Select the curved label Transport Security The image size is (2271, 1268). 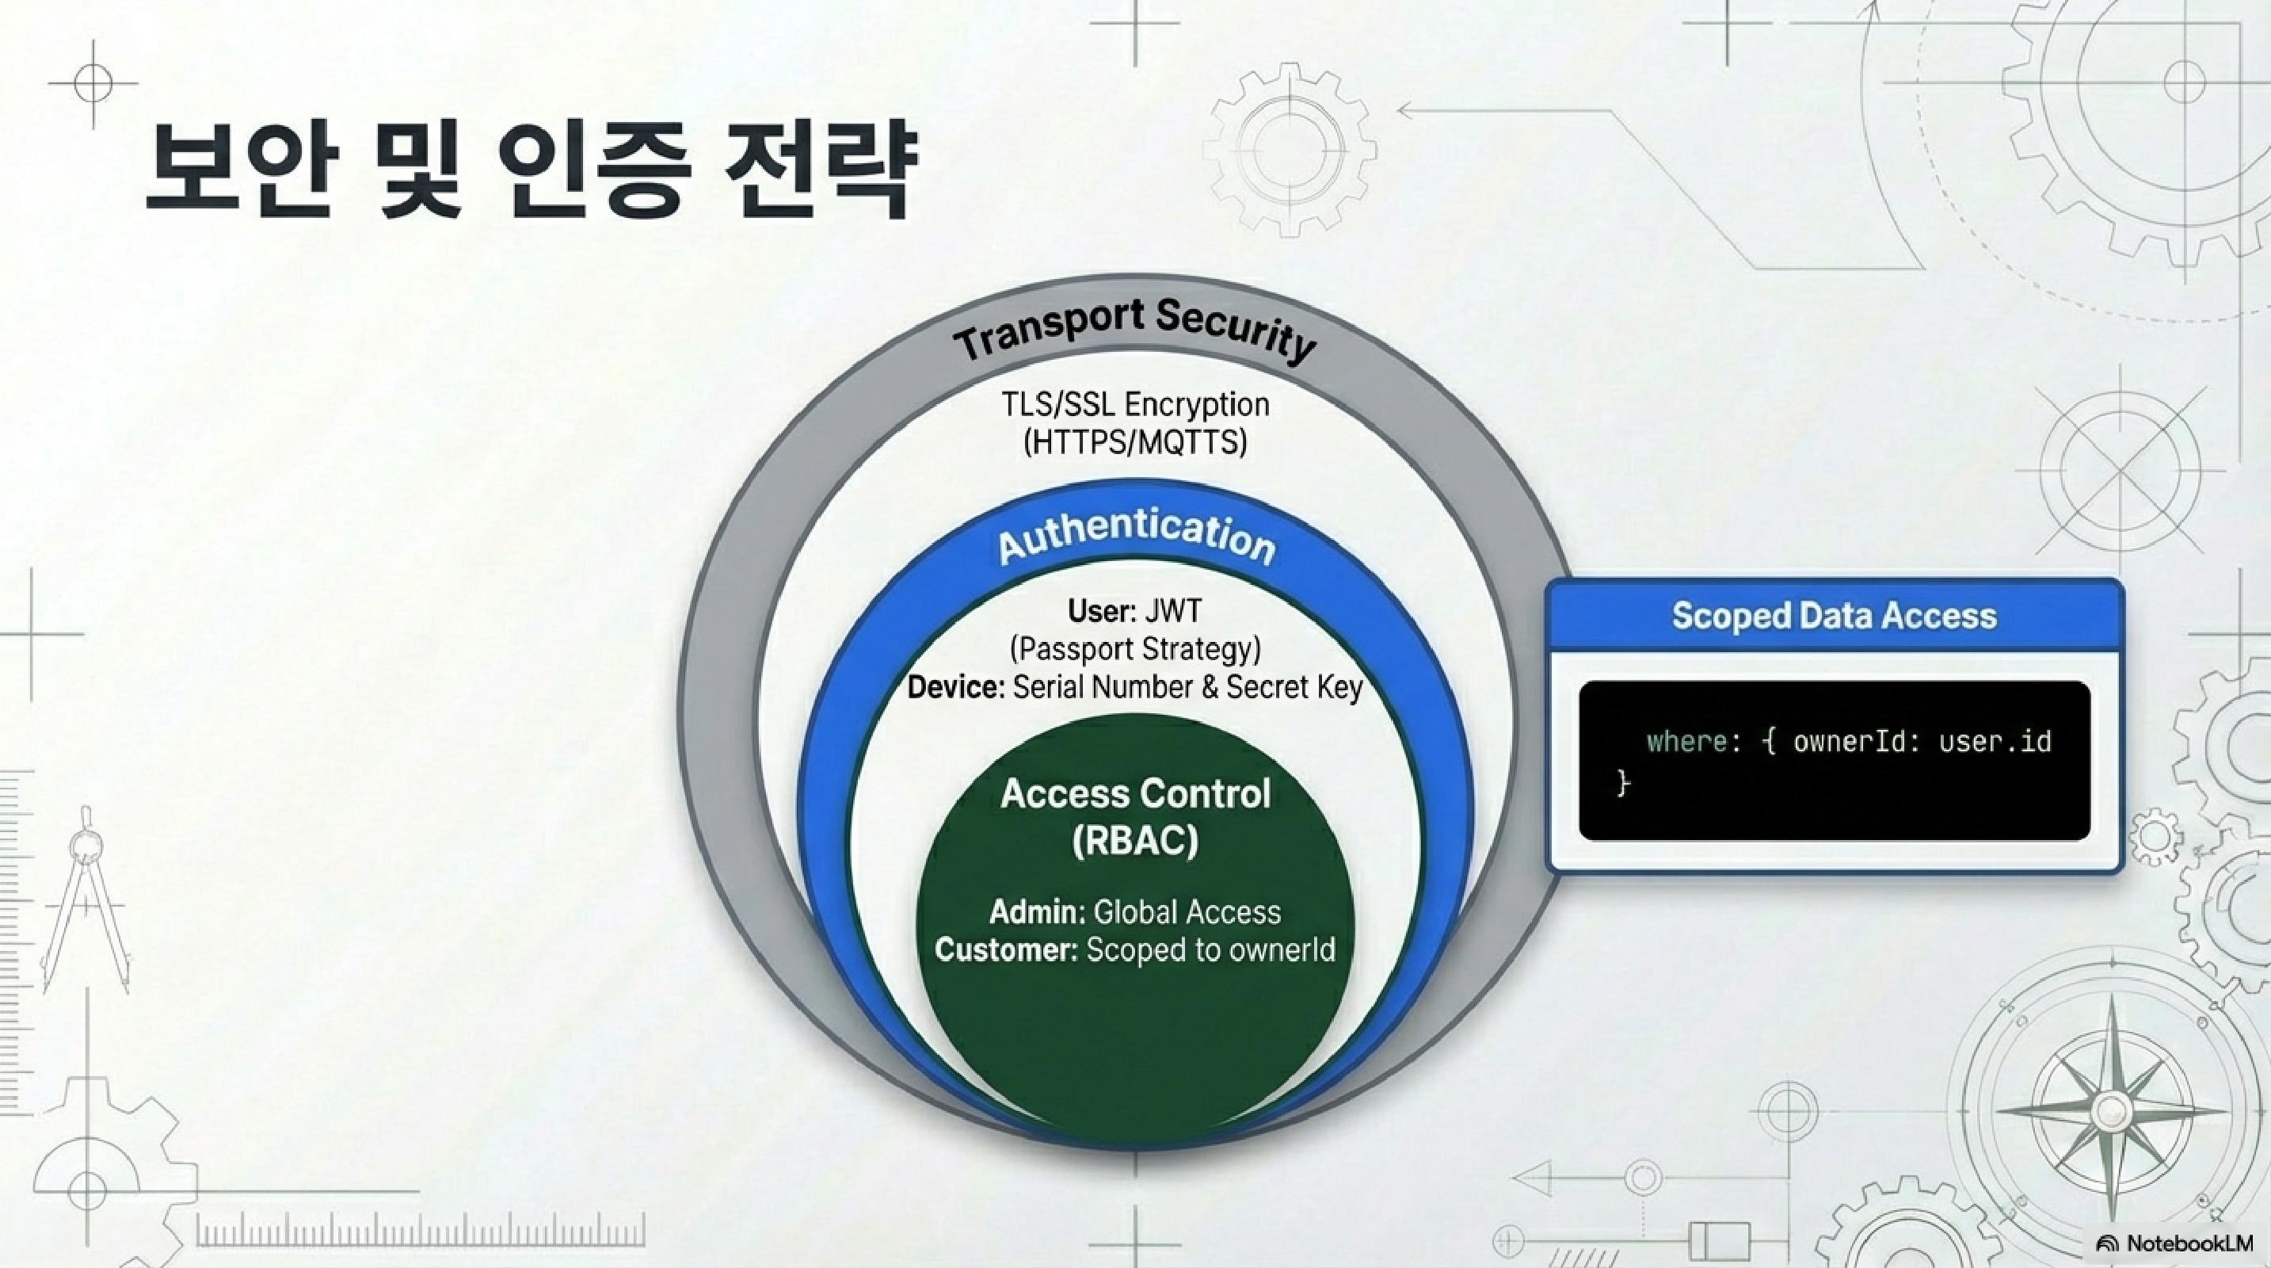pos(1134,330)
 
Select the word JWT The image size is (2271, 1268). pos(1172,610)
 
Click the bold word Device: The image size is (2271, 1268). pos(955,687)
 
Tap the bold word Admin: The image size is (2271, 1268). pos(1037,911)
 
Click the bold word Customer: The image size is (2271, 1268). pos(1006,949)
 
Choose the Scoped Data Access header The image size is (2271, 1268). pos(1834,616)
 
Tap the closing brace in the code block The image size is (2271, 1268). pos(1623,781)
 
